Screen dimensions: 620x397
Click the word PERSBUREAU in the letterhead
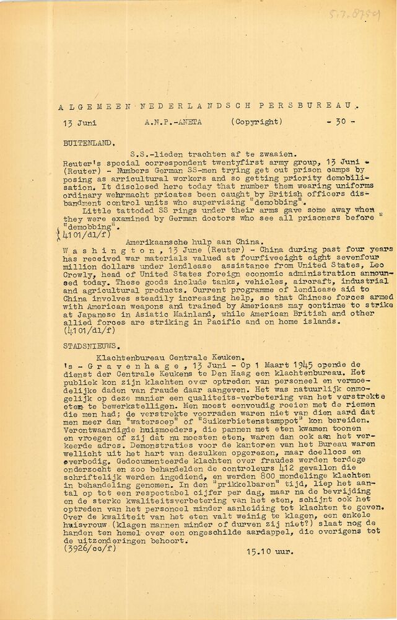[316, 107]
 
